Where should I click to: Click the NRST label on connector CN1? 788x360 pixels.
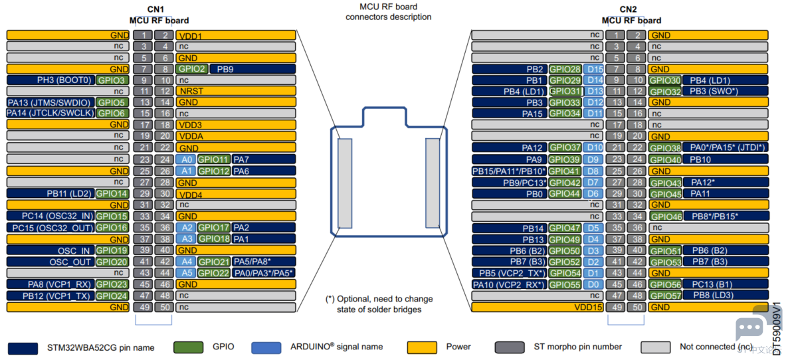tap(189, 92)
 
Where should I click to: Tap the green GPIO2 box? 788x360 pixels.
tap(191, 69)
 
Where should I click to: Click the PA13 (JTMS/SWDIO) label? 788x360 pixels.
tap(51, 102)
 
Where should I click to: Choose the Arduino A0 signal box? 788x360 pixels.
tap(185, 160)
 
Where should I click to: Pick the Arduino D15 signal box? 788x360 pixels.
tap(595, 69)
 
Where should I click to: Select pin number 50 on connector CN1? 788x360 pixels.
tap(163, 307)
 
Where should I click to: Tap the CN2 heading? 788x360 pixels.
tap(628, 9)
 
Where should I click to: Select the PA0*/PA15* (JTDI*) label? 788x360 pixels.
tap(728, 147)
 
